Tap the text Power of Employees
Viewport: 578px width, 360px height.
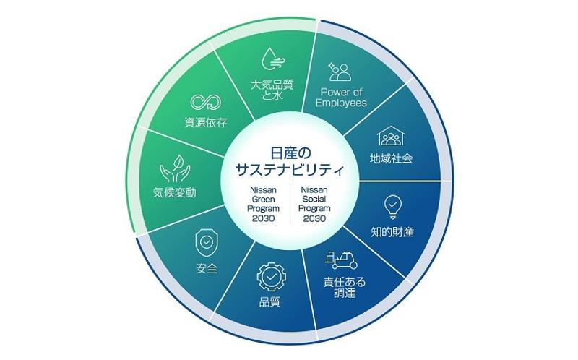[342, 97]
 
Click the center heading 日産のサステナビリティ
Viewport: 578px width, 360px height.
[288, 162]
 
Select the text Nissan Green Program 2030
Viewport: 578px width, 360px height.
[259, 203]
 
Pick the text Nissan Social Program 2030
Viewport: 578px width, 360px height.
[316, 203]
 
